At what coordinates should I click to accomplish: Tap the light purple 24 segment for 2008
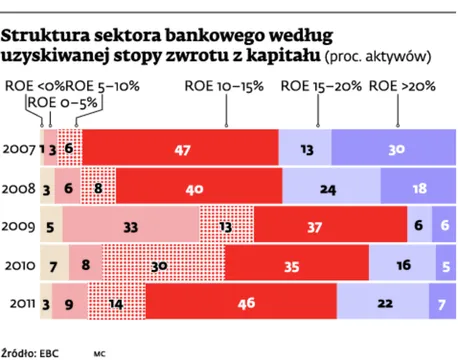[326, 188]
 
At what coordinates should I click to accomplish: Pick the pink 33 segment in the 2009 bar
[130, 226]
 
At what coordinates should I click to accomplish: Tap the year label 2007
[20, 149]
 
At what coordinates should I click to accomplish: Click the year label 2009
[20, 226]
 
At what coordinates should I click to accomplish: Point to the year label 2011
[20, 303]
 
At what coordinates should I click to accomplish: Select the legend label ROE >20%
[402, 87]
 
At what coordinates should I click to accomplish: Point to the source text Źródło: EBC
[33, 352]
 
